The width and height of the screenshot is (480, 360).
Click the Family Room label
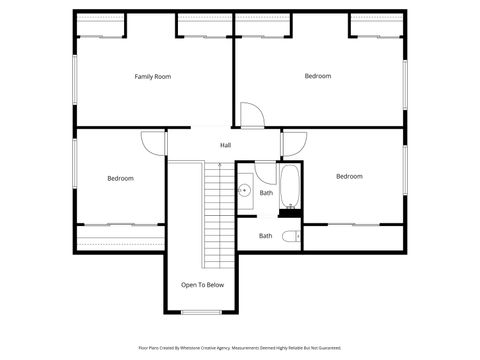point(154,76)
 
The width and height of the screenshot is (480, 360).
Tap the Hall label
point(226,145)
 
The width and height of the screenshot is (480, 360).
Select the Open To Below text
point(202,285)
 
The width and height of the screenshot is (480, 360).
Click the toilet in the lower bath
point(290,237)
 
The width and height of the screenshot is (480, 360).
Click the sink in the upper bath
point(244,190)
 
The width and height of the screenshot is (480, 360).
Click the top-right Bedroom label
point(318,76)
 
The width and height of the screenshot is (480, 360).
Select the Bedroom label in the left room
point(120,178)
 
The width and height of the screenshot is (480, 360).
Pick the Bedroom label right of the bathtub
point(349,176)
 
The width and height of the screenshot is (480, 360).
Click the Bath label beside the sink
point(266,193)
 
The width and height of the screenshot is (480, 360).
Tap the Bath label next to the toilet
point(265,236)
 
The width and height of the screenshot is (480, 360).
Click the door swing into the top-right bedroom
point(252,114)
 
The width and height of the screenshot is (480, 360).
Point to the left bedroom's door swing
point(154,143)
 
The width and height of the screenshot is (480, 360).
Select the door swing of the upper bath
point(264,170)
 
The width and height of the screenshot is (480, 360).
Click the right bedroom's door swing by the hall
point(294,143)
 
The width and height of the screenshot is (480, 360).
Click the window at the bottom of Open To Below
point(202,313)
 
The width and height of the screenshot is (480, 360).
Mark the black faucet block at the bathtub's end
point(290,210)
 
